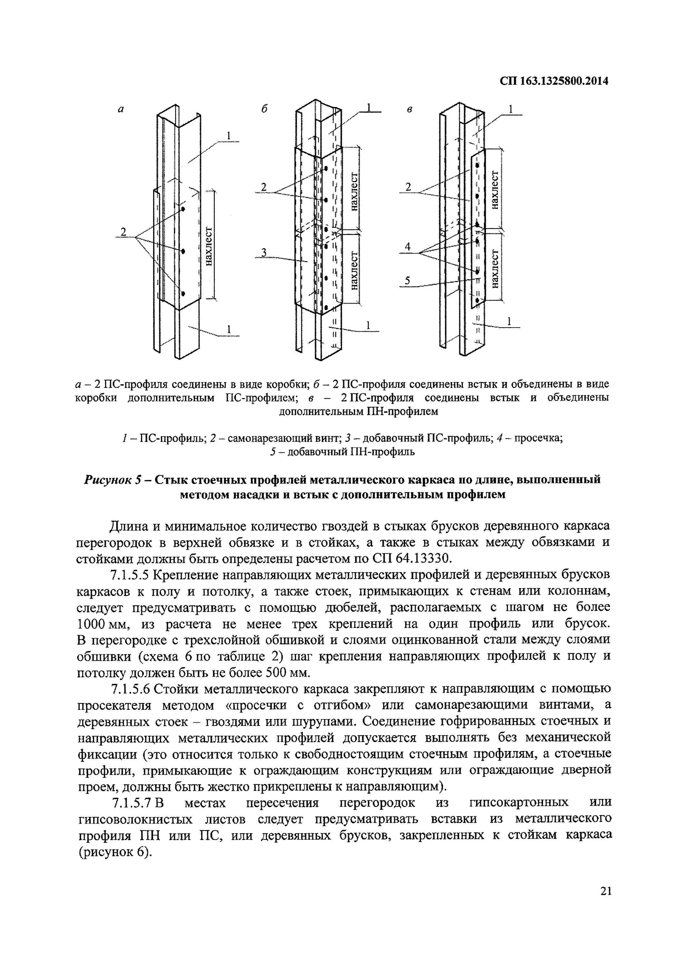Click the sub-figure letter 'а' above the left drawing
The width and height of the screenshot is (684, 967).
pos(121,110)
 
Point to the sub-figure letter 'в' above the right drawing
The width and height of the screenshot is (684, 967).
pos(409,110)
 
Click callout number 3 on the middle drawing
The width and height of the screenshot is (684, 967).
pos(264,252)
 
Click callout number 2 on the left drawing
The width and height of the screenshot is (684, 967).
pos(123,232)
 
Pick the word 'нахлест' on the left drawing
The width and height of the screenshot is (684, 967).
pos(209,246)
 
